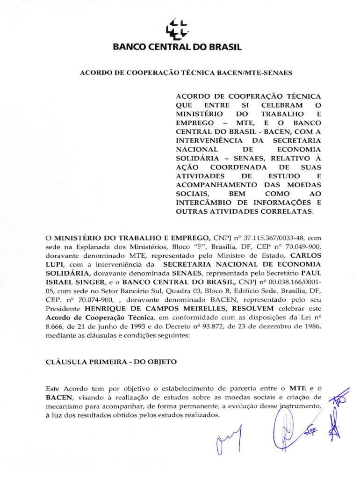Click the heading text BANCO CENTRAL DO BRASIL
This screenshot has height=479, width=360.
point(180,47)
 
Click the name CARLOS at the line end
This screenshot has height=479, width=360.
point(306,256)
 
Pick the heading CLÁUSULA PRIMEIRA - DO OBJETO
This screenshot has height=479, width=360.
point(111,362)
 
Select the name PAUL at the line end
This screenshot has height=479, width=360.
point(311,274)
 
